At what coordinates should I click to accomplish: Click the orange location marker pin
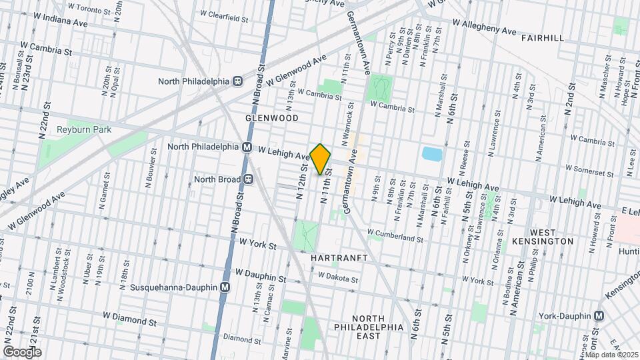[x=321, y=159]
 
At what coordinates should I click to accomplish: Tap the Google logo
[x=22, y=352]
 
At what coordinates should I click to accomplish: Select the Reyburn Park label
[x=83, y=129]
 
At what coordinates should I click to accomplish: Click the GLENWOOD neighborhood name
[x=271, y=117]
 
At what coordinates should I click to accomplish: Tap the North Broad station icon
[x=247, y=179]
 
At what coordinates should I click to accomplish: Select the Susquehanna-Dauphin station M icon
[x=225, y=287]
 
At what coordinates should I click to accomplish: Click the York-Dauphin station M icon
[x=599, y=316]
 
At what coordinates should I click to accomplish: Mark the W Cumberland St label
[x=395, y=237]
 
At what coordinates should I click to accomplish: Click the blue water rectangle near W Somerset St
[x=431, y=154]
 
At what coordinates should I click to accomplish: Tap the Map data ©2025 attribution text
[x=611, y=355]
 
